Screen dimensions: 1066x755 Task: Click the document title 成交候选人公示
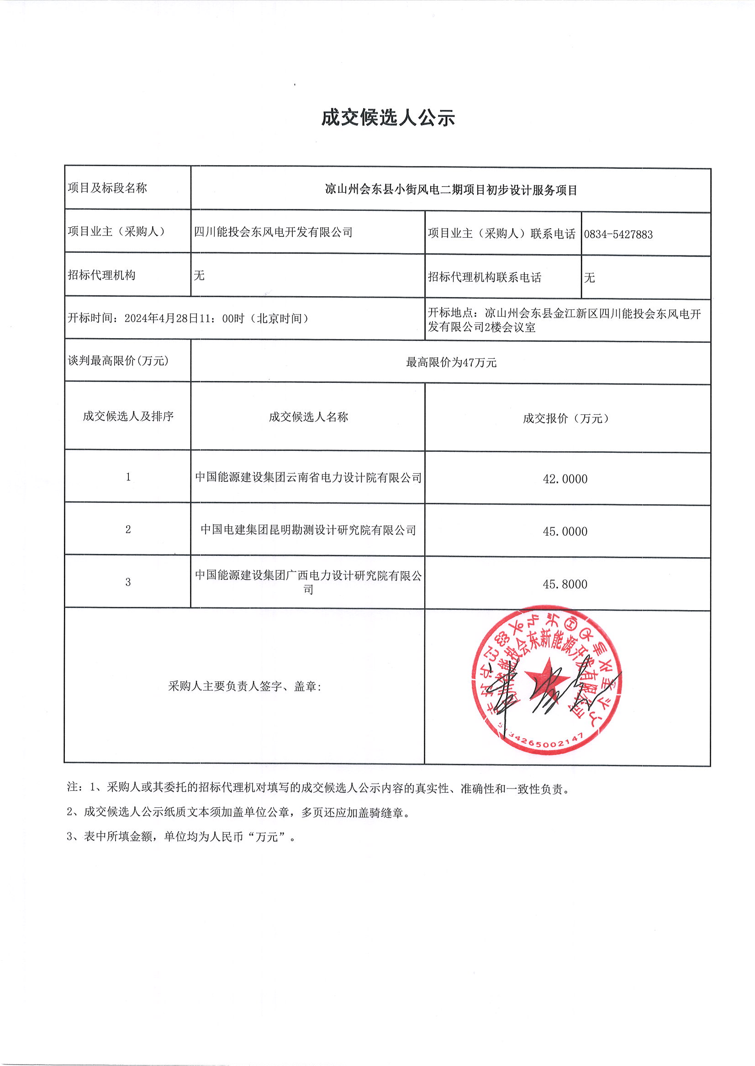point(388,118)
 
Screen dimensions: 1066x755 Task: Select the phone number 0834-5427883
point(618,235)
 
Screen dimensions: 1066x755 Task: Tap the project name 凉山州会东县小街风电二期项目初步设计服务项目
point(450,190)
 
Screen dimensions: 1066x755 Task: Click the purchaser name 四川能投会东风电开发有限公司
point(273,232)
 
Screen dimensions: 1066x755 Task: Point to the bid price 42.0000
point(565,479)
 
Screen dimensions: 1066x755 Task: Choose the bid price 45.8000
point(565,584)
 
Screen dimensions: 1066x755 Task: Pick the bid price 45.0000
point(565,531)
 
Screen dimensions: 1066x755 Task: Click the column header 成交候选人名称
point(308,417)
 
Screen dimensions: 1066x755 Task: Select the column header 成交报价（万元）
point(565,418)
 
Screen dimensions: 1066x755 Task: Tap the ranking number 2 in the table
point(128,529)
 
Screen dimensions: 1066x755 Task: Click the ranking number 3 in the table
point(128,582)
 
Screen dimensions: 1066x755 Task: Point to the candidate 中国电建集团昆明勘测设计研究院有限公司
point(308,530)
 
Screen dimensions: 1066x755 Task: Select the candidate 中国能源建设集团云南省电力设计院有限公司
point(308,477)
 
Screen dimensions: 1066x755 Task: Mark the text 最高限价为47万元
point(451,363)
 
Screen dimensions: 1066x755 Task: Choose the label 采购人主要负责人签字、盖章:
point(244,686)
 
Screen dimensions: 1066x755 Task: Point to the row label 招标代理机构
point(101,276)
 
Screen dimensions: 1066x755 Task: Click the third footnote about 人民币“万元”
point(181,836)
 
